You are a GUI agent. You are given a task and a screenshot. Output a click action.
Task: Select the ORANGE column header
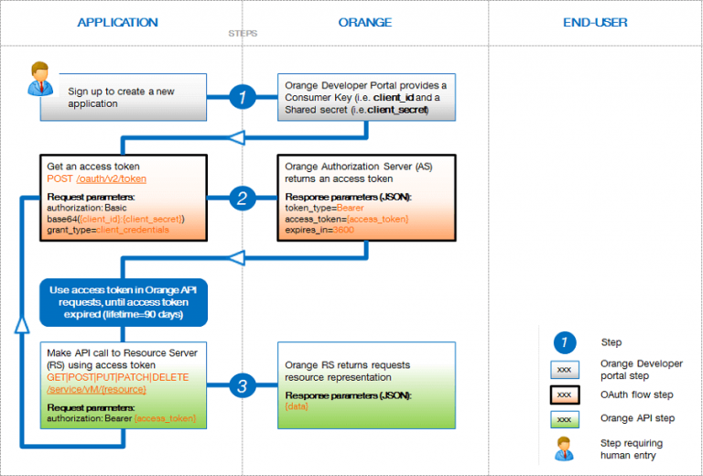364,21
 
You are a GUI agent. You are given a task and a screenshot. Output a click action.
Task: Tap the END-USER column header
595,21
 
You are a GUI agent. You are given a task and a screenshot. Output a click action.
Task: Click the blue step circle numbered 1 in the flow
242,97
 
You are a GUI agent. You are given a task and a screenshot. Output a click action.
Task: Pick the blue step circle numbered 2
242,197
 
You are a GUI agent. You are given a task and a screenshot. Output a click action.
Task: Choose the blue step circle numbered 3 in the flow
242,386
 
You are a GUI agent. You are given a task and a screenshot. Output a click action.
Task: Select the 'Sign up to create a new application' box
124,98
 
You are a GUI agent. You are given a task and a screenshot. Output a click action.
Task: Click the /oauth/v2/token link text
111,179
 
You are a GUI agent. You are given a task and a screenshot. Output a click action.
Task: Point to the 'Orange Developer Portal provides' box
367,97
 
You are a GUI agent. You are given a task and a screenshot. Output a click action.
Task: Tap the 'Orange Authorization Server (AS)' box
367,198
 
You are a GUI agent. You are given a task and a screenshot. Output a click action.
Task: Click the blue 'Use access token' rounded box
124,302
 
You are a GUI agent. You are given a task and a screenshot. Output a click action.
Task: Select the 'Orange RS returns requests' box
367,385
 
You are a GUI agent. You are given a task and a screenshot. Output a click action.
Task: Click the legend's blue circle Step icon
565,342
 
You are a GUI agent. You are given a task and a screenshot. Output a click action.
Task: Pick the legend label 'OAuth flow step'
637,395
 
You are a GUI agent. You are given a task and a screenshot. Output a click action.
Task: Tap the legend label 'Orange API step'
638,419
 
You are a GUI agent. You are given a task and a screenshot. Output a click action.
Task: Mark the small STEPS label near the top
243,34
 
